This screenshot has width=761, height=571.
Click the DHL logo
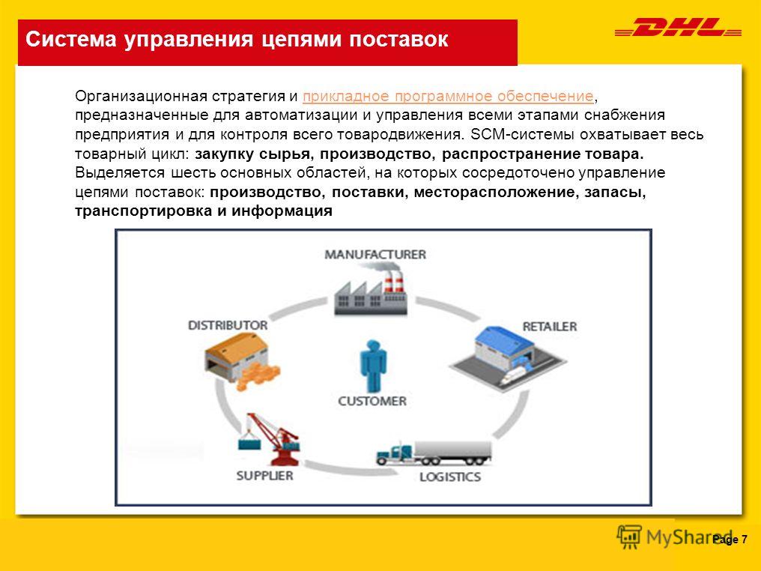678,27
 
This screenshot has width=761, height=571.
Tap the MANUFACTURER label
375,255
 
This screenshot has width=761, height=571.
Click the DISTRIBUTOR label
228,324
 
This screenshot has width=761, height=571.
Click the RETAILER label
549,326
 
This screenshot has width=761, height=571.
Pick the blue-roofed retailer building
508,357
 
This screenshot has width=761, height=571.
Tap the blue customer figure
373,366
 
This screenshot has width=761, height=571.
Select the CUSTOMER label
372,401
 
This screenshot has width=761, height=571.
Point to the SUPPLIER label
264,475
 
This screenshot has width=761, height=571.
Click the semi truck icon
434,453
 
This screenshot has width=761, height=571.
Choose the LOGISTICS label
450,477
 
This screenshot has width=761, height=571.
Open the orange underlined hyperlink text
448,96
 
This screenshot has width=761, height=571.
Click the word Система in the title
71,39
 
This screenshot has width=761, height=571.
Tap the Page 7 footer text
730,540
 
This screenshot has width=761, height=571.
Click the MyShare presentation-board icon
629,537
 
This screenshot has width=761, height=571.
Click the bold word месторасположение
497,193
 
